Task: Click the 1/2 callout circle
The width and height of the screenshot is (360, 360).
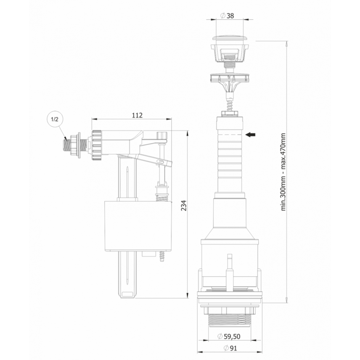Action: [x=54, y=120]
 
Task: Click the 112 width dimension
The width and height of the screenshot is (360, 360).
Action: [x=137, y=115]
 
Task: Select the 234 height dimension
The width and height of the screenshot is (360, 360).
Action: [x=184, y=206]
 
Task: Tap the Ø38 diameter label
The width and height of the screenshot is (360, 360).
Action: [x=227, y=15]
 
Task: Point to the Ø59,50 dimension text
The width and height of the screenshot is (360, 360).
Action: [x=229, y=336]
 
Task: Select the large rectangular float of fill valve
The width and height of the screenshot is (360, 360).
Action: [x=138, y=226]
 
